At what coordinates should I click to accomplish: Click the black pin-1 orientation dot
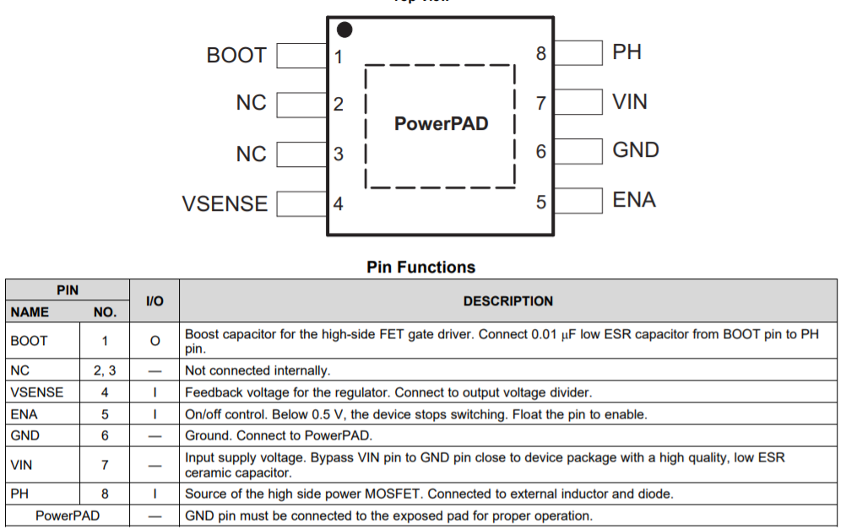[x=344, y=30]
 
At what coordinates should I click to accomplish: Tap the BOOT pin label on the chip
[x=236, y=56]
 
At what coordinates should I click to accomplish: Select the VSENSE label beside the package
[x=225, y=204]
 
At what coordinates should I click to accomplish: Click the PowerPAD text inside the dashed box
[x=441, y=124]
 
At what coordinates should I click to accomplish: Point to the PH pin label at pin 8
[x=627, y=52]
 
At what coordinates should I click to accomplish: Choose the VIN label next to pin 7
[x=630, y=102]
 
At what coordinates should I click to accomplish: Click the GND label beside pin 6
[x=636, y=150]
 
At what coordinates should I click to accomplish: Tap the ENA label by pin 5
[x=634, y=200]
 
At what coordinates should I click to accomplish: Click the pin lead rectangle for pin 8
[x=578, y=53]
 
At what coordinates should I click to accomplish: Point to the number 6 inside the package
[x=541, y=152]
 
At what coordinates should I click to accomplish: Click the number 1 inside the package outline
[x=339, y=57]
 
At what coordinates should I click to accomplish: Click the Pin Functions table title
[x=420, y=267]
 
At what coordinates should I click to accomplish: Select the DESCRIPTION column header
[x=508, y=301]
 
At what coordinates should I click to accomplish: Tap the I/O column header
[x=155, y=301]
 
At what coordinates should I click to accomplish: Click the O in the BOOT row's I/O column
[x=155, y=341]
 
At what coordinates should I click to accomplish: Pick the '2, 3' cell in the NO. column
[x=105, y=370]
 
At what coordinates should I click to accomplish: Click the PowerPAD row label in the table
[x=68, y=516]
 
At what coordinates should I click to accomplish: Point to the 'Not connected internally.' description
[x=258, y=370]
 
